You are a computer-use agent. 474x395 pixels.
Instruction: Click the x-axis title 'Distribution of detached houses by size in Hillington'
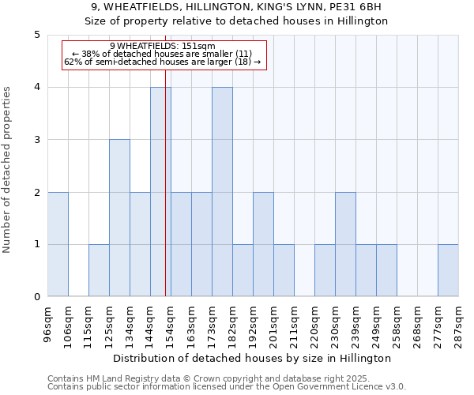(x=253, y=358)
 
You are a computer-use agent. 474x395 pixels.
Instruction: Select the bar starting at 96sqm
(x=58, y=244)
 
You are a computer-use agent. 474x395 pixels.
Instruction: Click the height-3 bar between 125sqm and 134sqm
(x=119, y=218)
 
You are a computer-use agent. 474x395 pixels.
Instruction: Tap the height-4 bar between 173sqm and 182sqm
(x=222, y=192)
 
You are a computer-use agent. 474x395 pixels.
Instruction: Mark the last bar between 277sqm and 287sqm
(x=448, y=270)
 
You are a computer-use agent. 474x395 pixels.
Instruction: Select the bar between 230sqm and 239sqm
(x=345, y=244)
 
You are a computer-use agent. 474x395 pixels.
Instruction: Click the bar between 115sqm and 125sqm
(x=99, y=270)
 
